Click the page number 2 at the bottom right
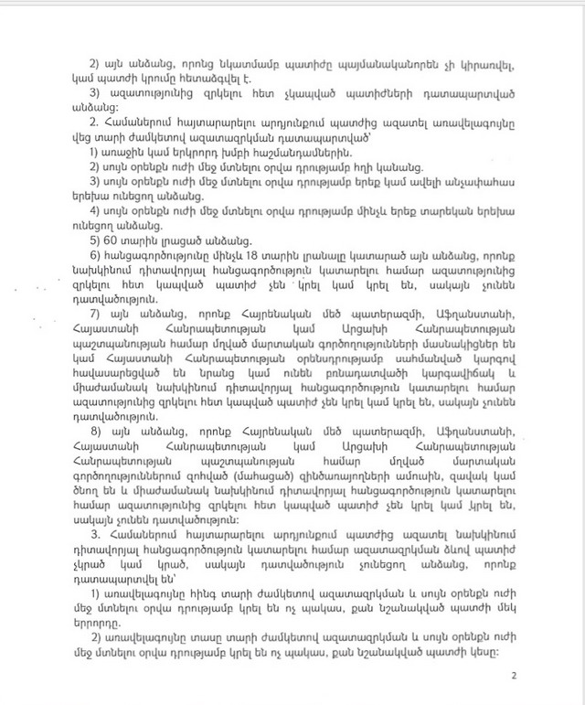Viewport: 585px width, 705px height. (515, 677)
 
